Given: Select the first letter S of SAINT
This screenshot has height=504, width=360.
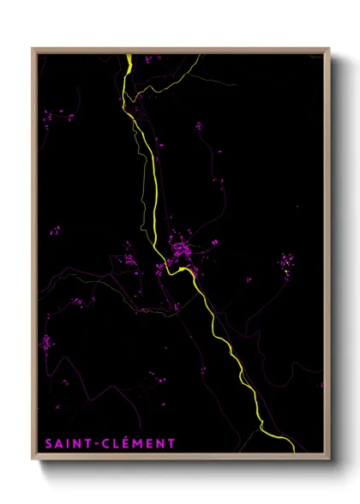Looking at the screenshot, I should pyautogui.click(x=45, y=443).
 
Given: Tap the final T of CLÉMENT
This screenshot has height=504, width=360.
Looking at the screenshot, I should pyautogui.click(x=171, y=443).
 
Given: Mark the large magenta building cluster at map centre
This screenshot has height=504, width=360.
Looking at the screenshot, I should pyautogui.click(x=182, y=249).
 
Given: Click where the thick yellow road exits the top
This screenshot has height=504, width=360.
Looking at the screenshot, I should pyautogui.click(x=128, y=56).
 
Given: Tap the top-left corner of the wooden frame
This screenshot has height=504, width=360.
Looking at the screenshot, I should pyautogui.click(x=33, y=48).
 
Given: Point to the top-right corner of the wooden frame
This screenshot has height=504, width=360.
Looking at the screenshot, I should pyautogui.click(x=329, y=48).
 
